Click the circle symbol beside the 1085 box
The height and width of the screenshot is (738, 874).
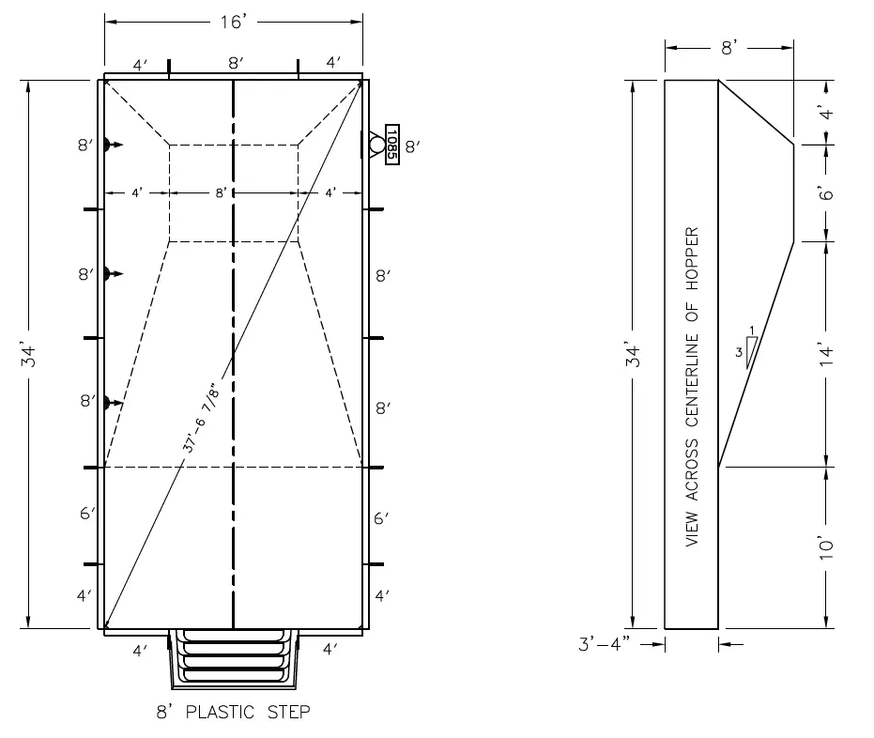[376, 146]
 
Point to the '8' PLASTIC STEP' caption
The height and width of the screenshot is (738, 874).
[233, 712]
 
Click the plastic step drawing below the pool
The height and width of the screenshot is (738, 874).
[233, 657]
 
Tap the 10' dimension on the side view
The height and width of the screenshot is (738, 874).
[826, 547]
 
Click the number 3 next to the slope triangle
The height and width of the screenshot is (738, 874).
[740, 352]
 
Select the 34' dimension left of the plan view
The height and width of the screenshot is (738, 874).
[31, 355]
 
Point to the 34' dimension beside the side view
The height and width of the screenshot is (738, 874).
[636, 355]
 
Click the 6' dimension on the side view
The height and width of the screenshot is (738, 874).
[826, 193]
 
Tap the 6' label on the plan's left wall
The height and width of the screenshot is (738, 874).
[86, 514]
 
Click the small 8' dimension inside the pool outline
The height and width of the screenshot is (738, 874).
[221, 192]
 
